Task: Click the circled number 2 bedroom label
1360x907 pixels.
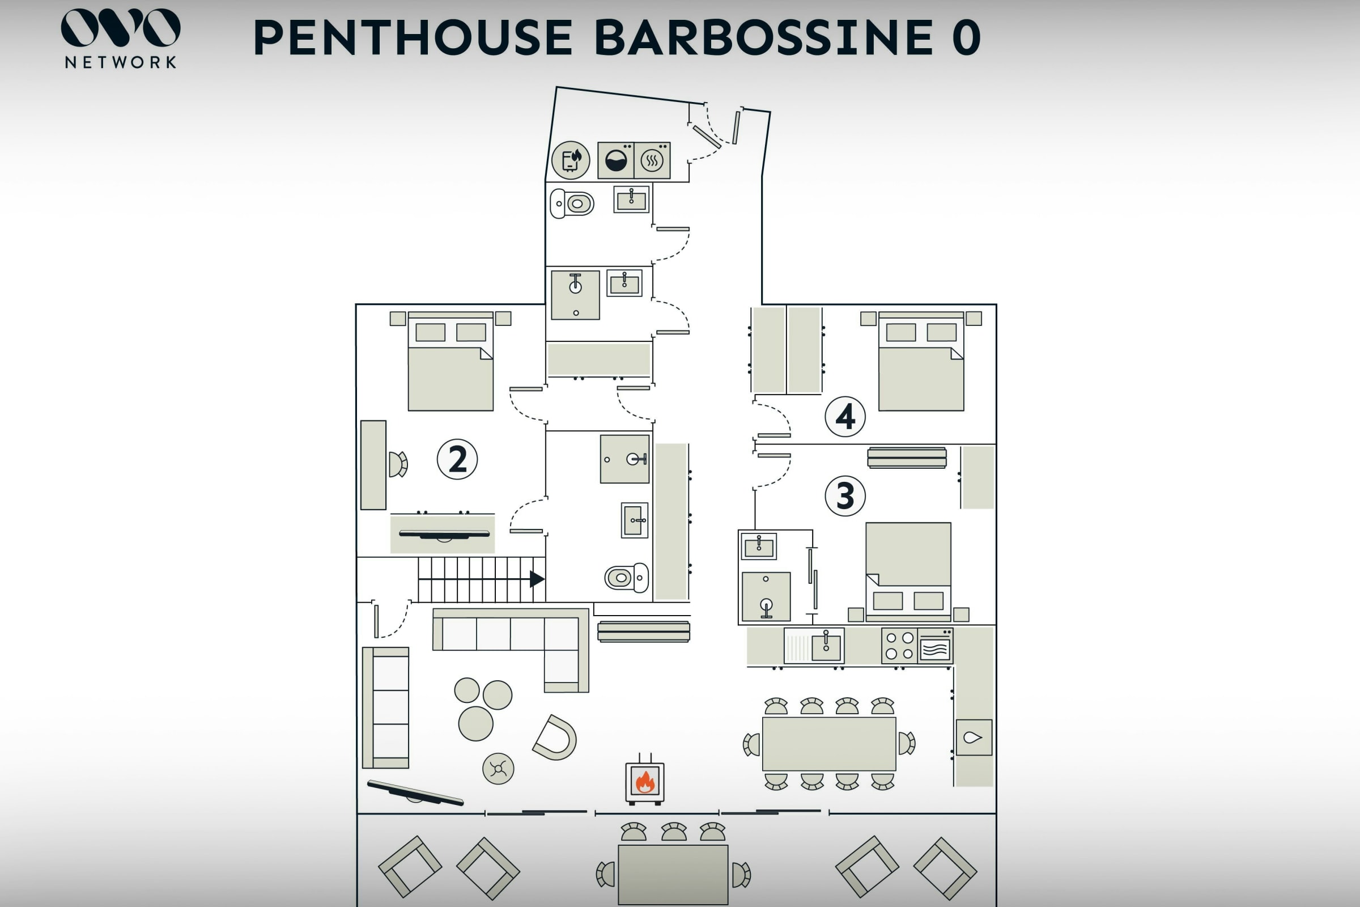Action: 457,459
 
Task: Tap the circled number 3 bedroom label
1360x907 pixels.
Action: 845,495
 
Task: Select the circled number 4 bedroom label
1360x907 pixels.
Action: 845,417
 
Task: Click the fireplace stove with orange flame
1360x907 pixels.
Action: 645,781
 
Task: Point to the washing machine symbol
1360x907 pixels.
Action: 616,160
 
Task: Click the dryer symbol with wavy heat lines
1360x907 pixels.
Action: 652,160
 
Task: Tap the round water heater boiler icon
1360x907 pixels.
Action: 571,160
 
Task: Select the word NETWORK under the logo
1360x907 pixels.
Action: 121,62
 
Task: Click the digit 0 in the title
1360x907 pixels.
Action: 966,37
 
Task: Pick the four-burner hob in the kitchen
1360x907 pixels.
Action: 900,646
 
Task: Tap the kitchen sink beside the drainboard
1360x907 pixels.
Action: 826,646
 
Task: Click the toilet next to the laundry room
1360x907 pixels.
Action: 572,204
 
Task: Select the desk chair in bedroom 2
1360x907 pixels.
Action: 398,464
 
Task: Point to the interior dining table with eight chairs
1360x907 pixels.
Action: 829,744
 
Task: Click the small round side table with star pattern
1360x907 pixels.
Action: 498,769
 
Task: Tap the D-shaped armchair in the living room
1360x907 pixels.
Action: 555,738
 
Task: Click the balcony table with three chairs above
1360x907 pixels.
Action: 673,875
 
